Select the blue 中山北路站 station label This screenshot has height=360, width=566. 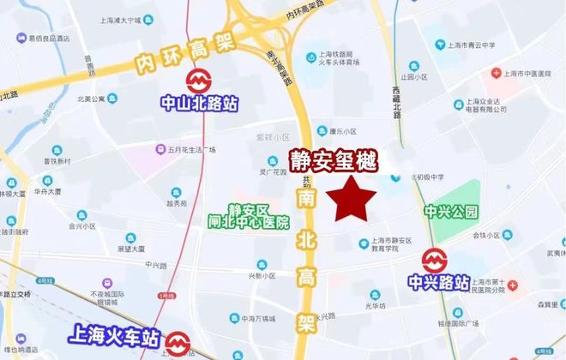click(200, 104)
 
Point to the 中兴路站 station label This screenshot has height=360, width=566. click(439, 281)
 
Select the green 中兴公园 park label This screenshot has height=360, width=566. click(450, 211)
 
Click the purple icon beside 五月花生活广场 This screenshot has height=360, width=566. click(161, 148)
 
